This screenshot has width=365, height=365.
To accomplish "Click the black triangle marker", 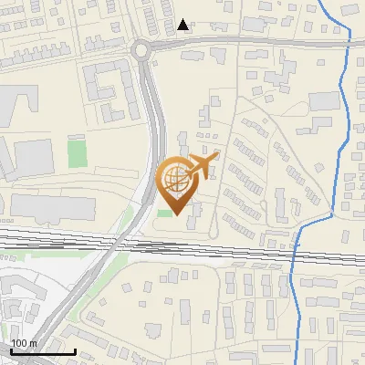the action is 184,25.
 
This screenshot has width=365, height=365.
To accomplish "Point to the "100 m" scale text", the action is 24,343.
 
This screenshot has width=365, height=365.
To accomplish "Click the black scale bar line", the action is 42,351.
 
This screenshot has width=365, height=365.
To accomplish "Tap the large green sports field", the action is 78,151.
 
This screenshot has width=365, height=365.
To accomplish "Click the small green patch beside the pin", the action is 164,213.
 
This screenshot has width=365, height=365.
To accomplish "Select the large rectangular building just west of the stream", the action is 322,100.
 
